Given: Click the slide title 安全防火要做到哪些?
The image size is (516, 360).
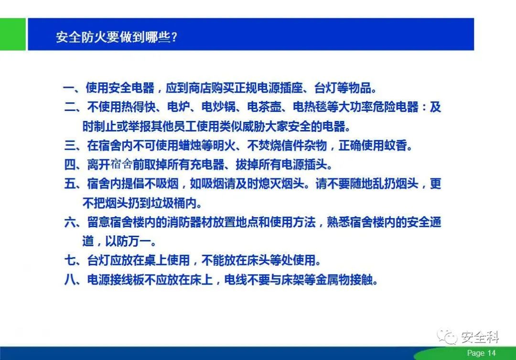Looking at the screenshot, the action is tap(117, 37).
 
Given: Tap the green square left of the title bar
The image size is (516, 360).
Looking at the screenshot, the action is tap(12, 34).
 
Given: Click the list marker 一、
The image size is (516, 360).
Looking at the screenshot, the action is tap(74, 88).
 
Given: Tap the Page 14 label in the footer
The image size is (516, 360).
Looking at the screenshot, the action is tap(481, 353).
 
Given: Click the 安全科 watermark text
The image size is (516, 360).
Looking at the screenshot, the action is tap(480, 337).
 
